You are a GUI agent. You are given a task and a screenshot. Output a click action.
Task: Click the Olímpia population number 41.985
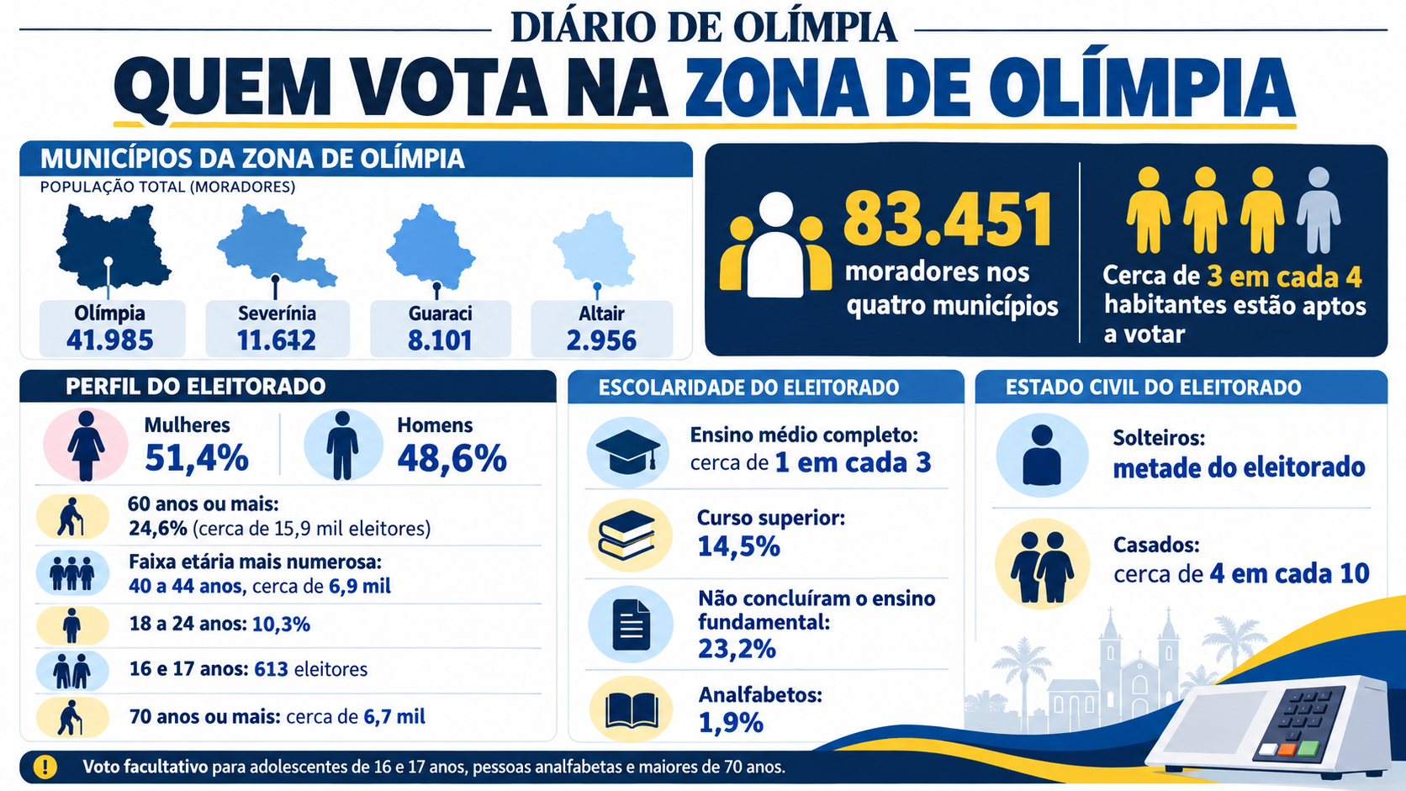110,340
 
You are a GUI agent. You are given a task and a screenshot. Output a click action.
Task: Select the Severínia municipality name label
277,313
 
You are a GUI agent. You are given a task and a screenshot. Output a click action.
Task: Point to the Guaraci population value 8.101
439,340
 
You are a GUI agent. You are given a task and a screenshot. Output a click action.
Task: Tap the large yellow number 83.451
948,219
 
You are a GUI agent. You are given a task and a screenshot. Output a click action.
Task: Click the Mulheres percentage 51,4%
197,457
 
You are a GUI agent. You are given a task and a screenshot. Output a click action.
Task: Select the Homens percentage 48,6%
452,457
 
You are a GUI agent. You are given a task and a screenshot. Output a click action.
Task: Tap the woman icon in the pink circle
86,446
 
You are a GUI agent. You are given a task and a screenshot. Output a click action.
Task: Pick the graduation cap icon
628,451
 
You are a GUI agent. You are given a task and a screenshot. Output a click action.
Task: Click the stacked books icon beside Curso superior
627,535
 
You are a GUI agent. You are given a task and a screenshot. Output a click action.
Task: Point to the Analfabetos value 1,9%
731,723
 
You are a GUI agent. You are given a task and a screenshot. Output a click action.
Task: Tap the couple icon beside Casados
1042,567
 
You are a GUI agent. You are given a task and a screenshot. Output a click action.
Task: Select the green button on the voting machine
1308,748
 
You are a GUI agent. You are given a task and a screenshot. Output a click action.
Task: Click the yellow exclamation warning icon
45,767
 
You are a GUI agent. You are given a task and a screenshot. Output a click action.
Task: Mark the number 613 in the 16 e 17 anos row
271,669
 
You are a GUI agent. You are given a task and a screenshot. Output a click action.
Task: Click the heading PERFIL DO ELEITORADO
195,387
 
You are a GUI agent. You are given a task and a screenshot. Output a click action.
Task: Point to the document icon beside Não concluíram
631,625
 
